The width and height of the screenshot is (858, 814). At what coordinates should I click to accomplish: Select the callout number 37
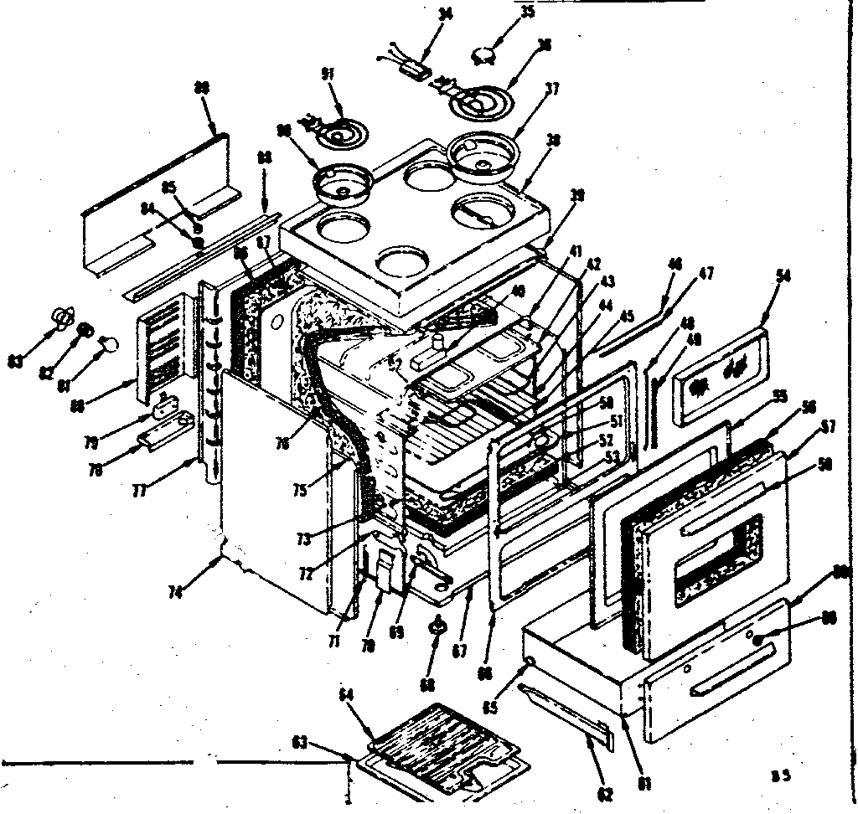(550, 89)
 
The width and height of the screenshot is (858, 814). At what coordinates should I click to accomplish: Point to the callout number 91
(328, 75)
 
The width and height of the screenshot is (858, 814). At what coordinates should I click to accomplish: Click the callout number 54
(783, 276)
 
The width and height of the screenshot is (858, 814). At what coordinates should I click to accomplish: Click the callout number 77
(138, 491)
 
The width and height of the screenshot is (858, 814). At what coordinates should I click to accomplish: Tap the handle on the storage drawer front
(723, 687)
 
